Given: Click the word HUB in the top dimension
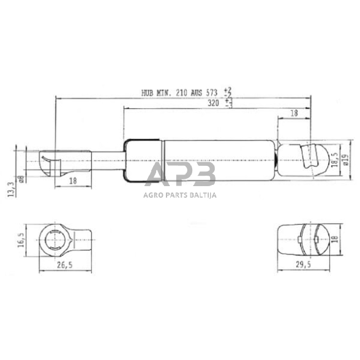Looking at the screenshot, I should [148, 93].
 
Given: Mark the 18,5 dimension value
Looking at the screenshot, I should [334, 161].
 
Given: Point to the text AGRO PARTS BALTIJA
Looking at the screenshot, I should [181, 195].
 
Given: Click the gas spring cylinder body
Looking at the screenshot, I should [202, 161].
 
